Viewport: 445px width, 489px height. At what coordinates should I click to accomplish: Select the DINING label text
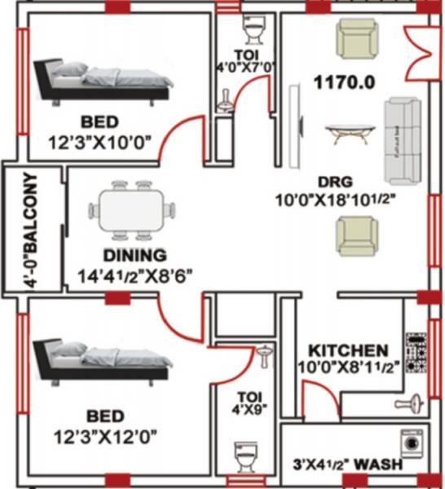(x=134, y=253)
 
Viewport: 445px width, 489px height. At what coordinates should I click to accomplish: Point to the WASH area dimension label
(x=350, y=465)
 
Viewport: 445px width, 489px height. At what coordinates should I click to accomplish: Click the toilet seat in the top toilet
(x=254, y=32)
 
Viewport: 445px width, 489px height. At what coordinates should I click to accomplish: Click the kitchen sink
(x=415, y=402)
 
